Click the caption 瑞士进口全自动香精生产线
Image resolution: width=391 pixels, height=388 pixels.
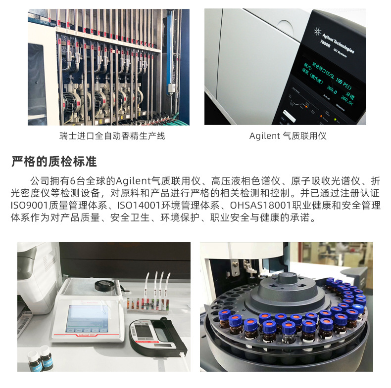coord(112,136)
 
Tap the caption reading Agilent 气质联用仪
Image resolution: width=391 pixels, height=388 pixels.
coord(288,136)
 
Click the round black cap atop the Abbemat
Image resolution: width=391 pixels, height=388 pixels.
coord(105,285)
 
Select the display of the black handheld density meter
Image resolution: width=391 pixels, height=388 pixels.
coord(144,332)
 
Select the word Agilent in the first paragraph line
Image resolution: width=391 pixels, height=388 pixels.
coord(133,181)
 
